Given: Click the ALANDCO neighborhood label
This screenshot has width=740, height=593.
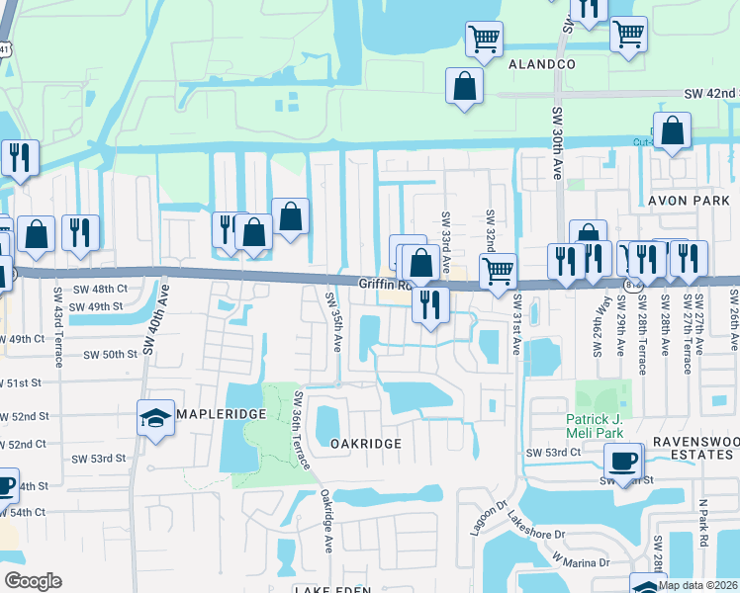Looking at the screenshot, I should [x=541, y=63].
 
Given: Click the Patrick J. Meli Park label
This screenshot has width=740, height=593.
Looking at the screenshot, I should [x=602, y=426].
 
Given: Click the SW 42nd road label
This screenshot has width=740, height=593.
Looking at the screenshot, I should [x=711, y=94].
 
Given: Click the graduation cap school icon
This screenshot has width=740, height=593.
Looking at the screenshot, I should [x=156, y=418].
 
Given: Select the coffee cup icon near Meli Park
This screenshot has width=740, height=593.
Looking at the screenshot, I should [x=623, y=461].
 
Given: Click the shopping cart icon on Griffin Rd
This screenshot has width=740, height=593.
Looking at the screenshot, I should [x=498, y=270].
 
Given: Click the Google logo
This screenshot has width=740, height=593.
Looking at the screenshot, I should [x=33, y=581].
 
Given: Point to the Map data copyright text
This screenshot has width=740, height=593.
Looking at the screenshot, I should [x=698, y=585].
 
